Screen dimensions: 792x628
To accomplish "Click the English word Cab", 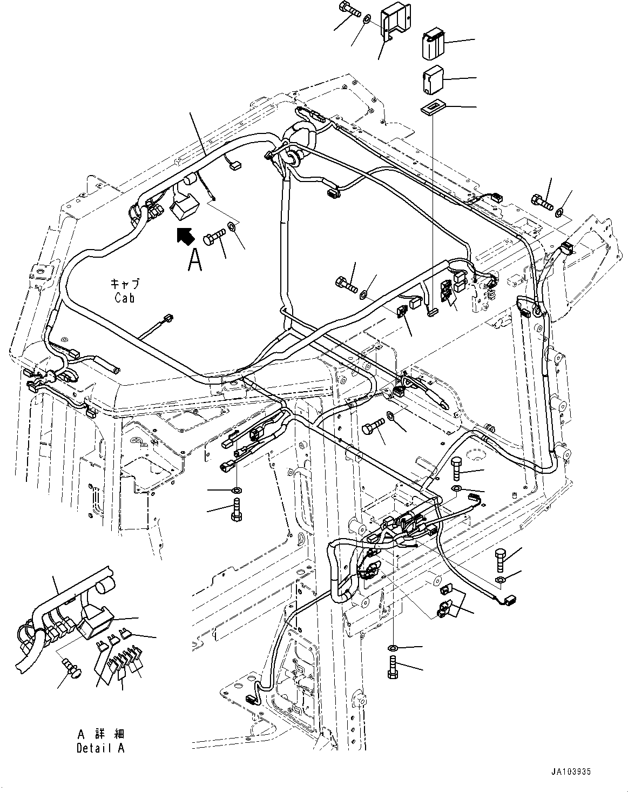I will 124,298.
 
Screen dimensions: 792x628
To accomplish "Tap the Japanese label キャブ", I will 125,284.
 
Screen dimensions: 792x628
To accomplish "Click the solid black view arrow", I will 184,236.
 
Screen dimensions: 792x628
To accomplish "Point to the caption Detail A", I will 100,749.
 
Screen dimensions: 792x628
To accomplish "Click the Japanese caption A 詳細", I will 101,734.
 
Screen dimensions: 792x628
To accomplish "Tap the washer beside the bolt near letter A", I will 232,226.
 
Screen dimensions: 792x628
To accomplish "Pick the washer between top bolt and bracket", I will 366,19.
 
